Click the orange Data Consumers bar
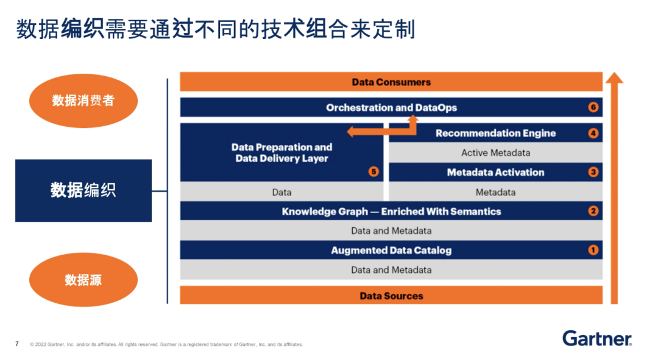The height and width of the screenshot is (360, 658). click(391, 82)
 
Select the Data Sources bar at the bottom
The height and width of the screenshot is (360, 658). click(391, 296)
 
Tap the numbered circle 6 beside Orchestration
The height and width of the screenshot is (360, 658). click(593, 108)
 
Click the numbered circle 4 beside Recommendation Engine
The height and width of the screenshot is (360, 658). click(593, 133)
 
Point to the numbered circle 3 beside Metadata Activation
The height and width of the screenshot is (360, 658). click(593, 172)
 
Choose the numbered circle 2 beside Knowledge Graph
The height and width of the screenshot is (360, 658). click(593, 211)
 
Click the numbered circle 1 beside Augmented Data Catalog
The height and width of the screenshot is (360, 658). click(593, 250)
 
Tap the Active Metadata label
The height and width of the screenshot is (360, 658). click(495, 153)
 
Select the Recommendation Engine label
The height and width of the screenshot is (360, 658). click(495, 133)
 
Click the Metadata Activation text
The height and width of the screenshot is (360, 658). click(495, 172)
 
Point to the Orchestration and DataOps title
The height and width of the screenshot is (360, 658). click(391, 108)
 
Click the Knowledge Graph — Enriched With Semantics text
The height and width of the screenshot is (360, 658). click(391, 211)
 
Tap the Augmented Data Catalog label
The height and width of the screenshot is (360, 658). click(391, 250)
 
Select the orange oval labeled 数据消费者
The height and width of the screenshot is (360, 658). click(83, 101)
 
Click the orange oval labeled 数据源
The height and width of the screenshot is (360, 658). click(83, 280)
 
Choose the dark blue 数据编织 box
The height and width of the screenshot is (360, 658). click(83, 191)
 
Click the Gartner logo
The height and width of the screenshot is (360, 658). click(596, 339)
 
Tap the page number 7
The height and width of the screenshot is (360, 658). click(17, 344)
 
